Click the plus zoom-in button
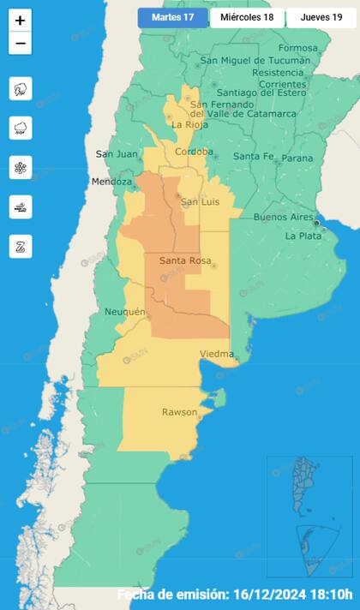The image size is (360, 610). coord(21,20)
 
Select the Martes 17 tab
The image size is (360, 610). coord(172,18)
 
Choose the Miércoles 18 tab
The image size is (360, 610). coord(247,18)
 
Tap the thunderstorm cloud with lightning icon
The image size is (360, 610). coord(21,88)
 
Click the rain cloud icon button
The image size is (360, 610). coord(21,128)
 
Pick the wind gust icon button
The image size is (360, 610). coord(21,206)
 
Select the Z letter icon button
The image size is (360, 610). coord(21,246)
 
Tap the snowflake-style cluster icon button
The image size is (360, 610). coord(21,167)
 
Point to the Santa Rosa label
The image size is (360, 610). coord(181,260)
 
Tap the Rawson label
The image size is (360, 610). coord(179,413)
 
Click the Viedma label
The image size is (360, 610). coord(216,354)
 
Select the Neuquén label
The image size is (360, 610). coord(124,312)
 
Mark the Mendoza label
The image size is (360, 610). coord(112,182)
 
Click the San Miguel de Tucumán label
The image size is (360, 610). coord(255,61)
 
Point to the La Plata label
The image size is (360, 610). coord(303,236)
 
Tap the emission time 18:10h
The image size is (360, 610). coord(330,595)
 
